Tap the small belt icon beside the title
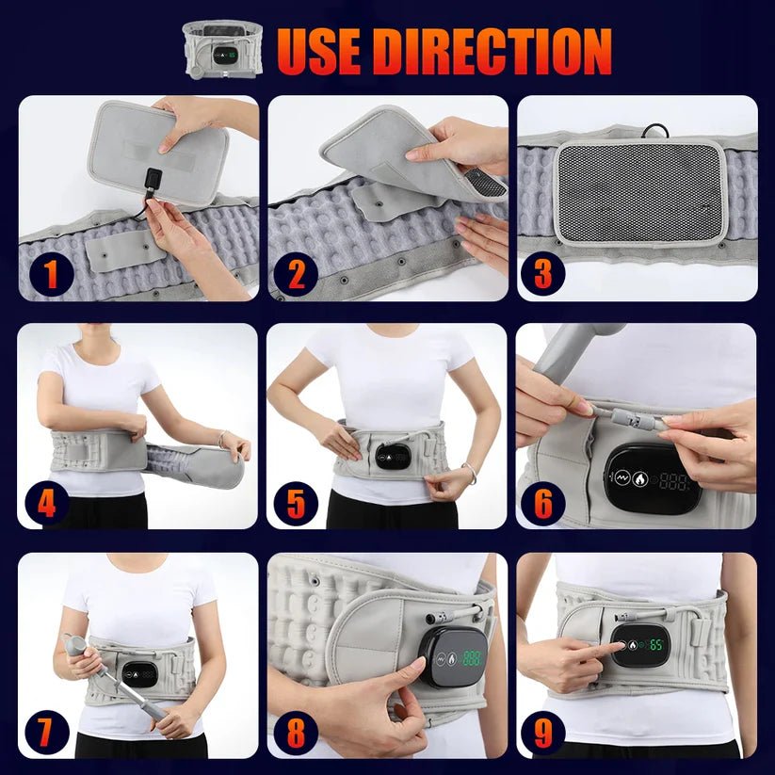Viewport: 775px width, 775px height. (x=222, y=48)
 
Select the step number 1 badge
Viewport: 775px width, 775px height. (x=50, y=275)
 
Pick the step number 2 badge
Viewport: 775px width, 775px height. (x=298, y=275)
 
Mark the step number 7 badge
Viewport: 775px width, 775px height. (x=50, y=732)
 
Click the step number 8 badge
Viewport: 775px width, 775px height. (x=298, y=732)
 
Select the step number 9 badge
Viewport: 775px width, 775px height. (x=543, y=732)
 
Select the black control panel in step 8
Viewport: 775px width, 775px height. (x=453, y=655)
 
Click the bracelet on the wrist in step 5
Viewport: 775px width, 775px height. (x=468, y=474)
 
